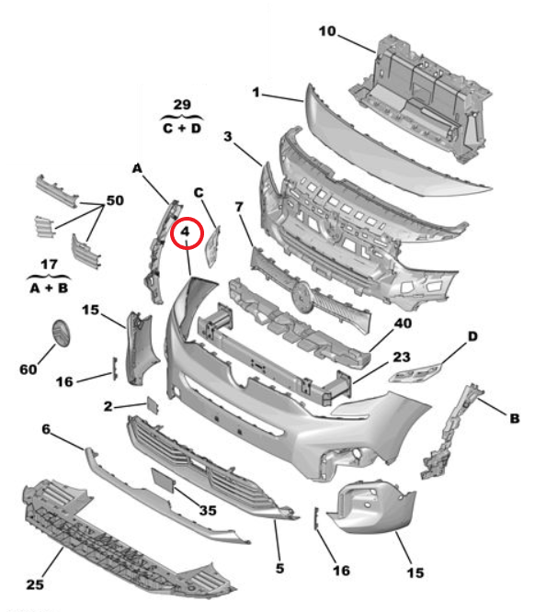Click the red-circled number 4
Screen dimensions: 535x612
point(185,232)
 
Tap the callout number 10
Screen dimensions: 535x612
point(327,31)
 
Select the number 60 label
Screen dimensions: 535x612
point(28,369)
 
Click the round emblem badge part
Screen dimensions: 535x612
point(62,333)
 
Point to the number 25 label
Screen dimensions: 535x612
point(35,584)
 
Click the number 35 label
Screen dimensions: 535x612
point(208,510)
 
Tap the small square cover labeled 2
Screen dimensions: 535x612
point(153,405)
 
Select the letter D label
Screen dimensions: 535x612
point(472,336)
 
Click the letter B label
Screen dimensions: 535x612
point(515,418)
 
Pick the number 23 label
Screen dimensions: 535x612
point(402,357)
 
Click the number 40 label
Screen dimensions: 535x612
point(403,323)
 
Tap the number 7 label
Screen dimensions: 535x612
point(239,207)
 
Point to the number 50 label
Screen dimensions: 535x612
point(115,200)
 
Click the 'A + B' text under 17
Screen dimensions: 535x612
point(50,289)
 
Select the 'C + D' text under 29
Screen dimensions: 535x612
point(182,128)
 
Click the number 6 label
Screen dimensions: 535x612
point(46,429)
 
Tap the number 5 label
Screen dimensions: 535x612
point(279,568)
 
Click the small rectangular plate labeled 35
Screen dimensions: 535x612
point(163,480)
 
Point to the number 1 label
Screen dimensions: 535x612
point(256,93)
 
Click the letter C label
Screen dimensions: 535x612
point(199,192)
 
